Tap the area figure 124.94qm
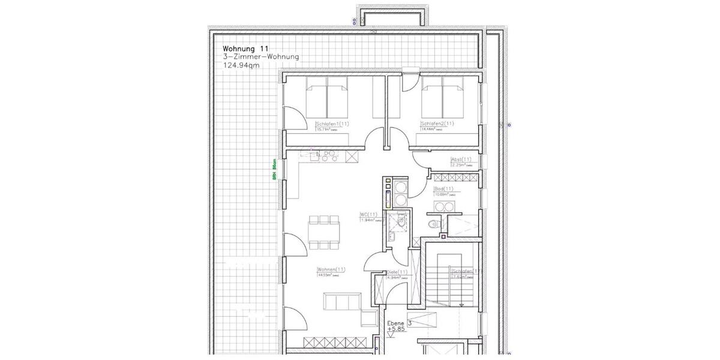[241, 65]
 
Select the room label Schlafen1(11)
[332, 124]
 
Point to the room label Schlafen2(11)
[437, 124]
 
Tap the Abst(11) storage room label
[461, 160]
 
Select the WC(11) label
[368, 214]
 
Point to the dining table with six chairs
[325, 232]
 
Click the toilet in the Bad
[434, 224]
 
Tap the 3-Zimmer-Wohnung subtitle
[260, 57]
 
